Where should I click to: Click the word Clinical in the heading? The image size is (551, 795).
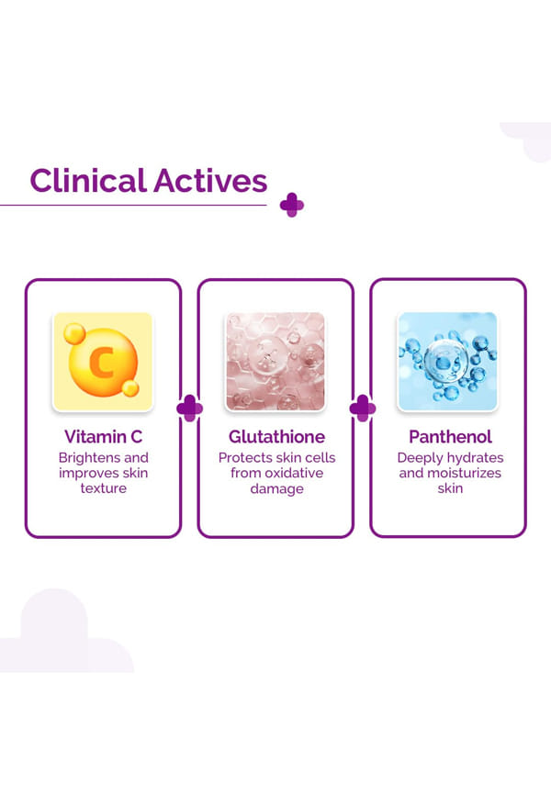click(x=88, y=181)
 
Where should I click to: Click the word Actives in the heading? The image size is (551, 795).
click(x=210, y=181)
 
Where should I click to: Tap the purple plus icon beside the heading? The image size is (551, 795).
click(x=292, y=205)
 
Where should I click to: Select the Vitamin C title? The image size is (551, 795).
click(x=103, y=437)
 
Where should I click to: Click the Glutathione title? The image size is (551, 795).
click(x=276, y=437)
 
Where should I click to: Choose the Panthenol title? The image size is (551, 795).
click(x=450, y=437)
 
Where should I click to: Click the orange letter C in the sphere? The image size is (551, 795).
click(x=101, y=362)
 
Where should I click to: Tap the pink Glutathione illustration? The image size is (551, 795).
click(x=275, y=361)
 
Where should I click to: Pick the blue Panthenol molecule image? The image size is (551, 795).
click(x=447, y=361)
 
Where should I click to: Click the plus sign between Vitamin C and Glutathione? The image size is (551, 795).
click(x=189, y=409)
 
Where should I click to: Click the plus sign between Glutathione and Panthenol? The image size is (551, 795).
click(x=363, y=409)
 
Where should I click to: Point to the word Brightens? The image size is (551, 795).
click(x=89, y=458)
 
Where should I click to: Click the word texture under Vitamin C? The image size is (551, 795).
click(x=104, y=488)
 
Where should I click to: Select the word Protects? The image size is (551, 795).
click(x=245, y=457)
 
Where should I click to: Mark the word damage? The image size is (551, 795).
click(x=276, y=489)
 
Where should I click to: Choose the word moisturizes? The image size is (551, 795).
click(x=465, y=473)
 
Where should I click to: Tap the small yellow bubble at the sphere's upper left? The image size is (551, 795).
click(x=74, y=333)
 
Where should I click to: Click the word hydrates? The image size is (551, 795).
click(x=474, y=458)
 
